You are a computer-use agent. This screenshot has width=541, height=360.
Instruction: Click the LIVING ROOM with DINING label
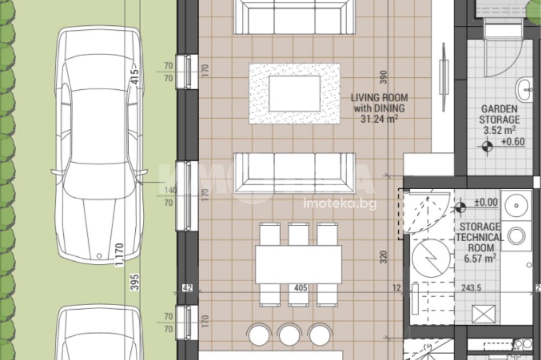tap(379, 103)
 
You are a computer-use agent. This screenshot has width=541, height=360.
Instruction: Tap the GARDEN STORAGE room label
tap(499, 114)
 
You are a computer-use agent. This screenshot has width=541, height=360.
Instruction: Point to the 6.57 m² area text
tap(480, 258)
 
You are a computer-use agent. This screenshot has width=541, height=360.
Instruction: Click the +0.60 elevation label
tap(513, 142)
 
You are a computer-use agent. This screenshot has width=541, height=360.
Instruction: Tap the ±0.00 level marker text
tap(486, 202)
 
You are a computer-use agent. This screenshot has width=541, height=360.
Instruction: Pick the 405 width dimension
tap(300, 288)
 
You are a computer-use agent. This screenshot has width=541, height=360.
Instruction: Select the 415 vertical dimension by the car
tap(135, 77)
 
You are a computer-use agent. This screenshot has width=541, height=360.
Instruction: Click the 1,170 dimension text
tap(119, 255)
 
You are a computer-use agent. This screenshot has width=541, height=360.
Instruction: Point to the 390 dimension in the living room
tap(384, 77)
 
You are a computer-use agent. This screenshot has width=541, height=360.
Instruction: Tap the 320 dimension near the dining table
tap(384, 257)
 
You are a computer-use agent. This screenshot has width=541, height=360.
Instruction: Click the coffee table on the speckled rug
tap(294, 94)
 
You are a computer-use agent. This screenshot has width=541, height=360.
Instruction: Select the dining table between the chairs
tap(299, 264)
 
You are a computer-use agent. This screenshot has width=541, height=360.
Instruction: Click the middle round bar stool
tap(289, 335)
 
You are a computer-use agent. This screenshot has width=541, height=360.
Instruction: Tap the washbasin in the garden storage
tap(524, 89)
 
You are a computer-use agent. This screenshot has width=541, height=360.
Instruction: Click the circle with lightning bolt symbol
tap(431, 258)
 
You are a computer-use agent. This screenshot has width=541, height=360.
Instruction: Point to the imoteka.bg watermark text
tap(340, 204)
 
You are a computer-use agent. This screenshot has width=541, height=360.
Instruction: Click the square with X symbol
tap(485, 315)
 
